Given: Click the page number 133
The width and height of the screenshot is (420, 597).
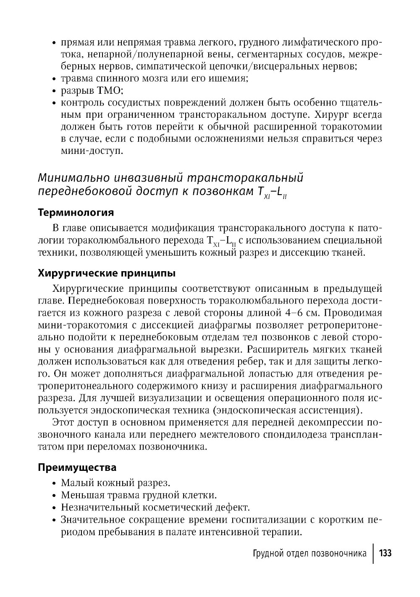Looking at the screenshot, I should point(385,553).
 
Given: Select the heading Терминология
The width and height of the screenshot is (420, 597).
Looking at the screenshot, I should point(76,212).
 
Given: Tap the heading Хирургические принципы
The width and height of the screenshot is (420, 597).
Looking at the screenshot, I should point(107,273).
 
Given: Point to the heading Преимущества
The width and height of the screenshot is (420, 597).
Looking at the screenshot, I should point(77,467).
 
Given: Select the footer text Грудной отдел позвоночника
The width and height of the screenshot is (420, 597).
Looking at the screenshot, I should point(310,553).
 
